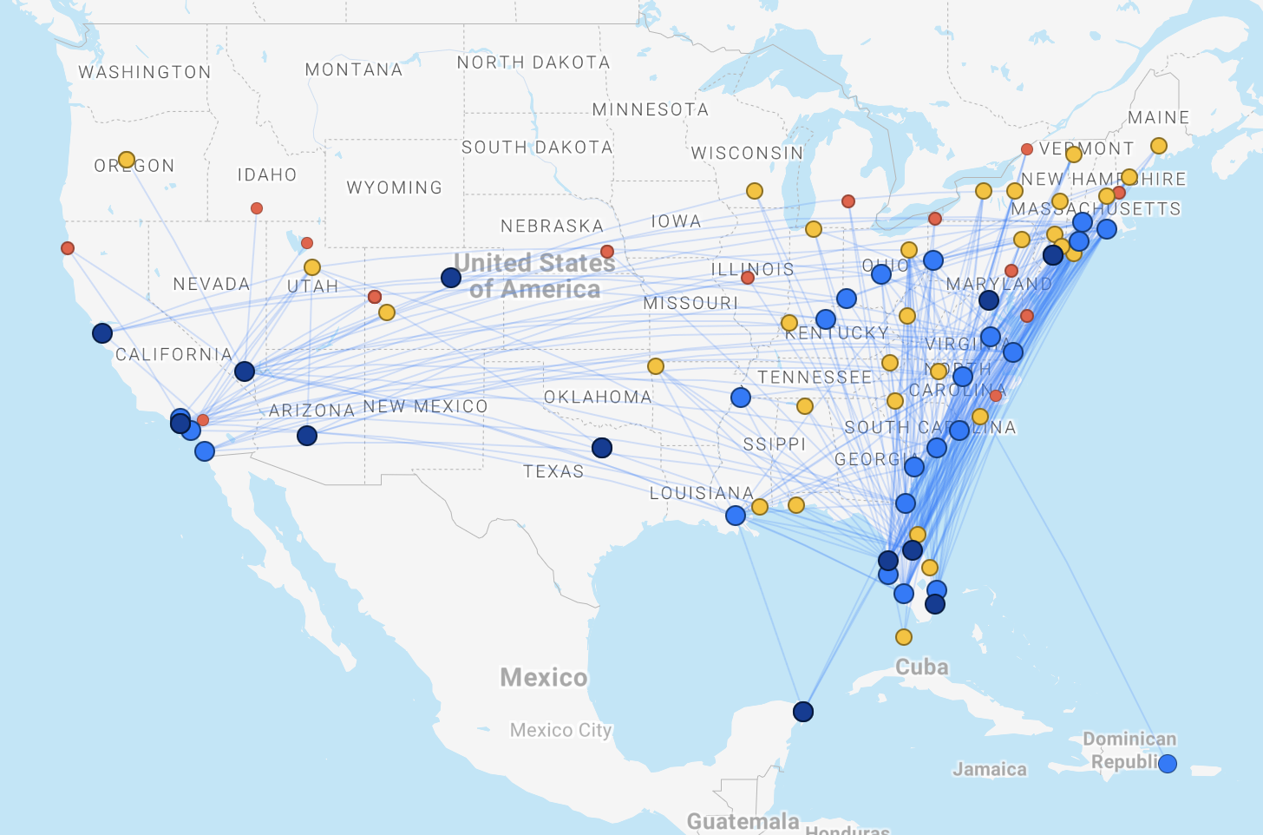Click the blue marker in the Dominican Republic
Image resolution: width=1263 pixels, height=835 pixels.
point(1168,764)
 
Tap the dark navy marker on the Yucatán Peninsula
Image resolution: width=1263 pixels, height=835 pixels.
point(803,712)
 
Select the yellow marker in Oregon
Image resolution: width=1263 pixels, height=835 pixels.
point(127,160)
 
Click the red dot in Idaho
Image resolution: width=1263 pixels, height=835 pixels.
point(257,208)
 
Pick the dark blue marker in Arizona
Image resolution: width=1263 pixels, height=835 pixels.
point(307,436)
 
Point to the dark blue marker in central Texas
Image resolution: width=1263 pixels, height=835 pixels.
point(602,448)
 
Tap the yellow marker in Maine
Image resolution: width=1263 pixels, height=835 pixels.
point(1159,146)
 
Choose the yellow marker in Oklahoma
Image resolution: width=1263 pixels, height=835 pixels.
point(656,366)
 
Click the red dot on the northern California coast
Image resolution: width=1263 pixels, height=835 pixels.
point(68,248)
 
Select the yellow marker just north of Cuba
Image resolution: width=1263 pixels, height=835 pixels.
point(904,637)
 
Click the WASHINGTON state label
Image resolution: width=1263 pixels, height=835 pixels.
point(145,72)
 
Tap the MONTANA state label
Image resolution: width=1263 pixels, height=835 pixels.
point(354,69)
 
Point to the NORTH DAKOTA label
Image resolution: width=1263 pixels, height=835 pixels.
point(533,62)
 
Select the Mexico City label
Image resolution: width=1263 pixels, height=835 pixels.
point(560,730)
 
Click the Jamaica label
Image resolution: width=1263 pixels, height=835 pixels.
point(989,769)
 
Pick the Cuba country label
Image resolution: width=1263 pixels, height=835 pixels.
point(921,667)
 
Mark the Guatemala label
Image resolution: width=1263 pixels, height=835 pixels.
point(743,821)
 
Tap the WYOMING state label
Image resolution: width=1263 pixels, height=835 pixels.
point(394,187)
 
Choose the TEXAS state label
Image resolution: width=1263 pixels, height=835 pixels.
point(553,471)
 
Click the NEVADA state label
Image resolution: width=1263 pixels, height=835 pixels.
point(211,284)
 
